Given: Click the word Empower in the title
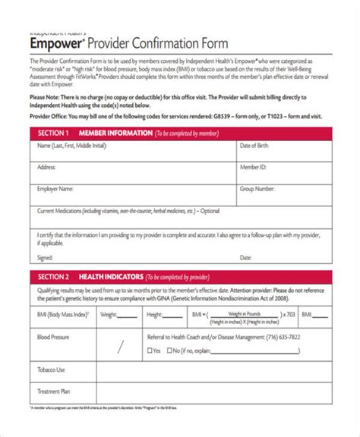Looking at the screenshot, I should (x=55, y=43).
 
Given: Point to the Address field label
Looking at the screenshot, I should (x=46, y=166).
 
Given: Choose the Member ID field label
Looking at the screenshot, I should (x=253, y=166).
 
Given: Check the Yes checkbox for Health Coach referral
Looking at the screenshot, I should (x=149, y=330).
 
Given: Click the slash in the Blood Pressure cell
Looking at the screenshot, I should (x=120, y=326).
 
